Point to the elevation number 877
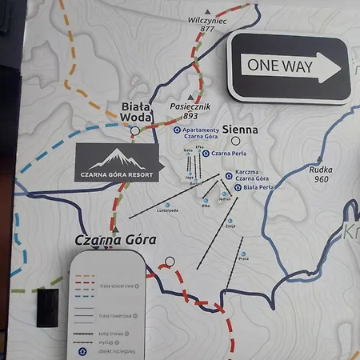208,29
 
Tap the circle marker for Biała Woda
135,130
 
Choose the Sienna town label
239,129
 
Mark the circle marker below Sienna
236,141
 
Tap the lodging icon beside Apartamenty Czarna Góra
177,130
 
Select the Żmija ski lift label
230,226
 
